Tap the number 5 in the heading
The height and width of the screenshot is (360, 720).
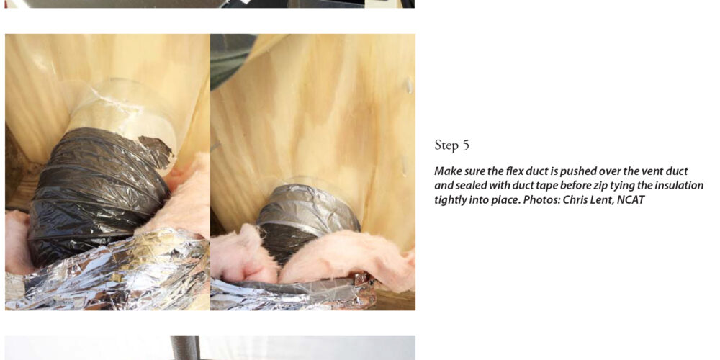pyautogui.click(x=466, y=145)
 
